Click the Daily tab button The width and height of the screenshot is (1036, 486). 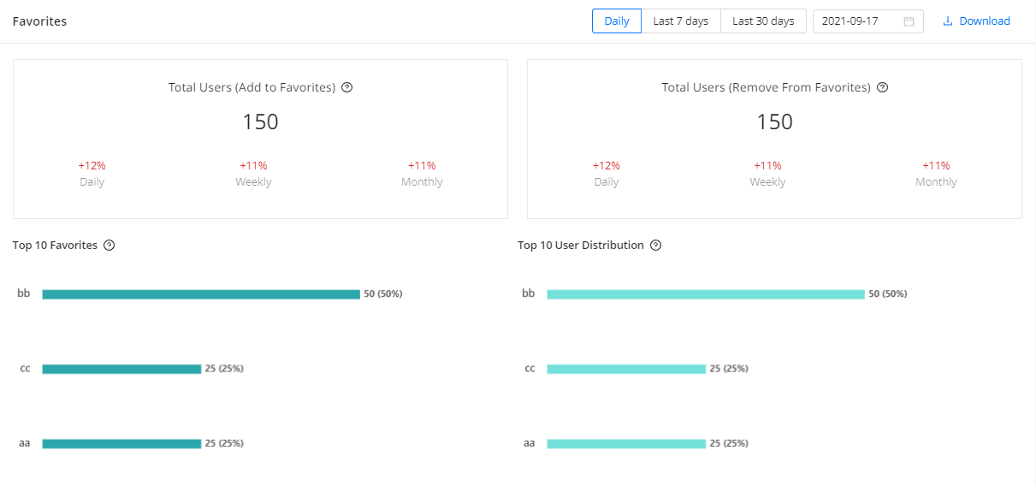pos(616,21)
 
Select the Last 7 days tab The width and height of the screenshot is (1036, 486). pos(680,21)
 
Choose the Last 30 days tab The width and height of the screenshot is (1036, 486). pos(763,21)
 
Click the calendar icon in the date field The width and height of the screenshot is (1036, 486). pos(909,21)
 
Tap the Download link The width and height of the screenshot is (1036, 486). pos(976,21)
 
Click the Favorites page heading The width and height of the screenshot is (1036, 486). pos(39,21)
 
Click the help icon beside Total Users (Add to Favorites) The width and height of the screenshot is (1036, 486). pos(347,87)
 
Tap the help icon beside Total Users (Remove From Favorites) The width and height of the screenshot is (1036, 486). pos(883,87)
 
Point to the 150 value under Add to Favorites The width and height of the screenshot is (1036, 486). pos(260,122)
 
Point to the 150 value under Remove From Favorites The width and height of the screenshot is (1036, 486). pos(774,122)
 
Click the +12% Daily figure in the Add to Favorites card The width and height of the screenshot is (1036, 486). pos(92,165)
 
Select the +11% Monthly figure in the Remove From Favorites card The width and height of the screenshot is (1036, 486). pos(936,165)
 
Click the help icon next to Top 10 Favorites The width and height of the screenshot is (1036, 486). pos(109,246)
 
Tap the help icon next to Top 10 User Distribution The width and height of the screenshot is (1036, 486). pos(655,246)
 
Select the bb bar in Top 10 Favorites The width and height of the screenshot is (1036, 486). pos(201,294)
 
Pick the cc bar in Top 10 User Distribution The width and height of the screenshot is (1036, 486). pos(626,369)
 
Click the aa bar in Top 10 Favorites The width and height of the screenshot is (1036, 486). pos(121,443)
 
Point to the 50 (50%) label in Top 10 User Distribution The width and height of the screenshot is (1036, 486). pos(888,294)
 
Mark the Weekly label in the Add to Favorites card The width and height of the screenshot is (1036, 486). pos(253,182)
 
